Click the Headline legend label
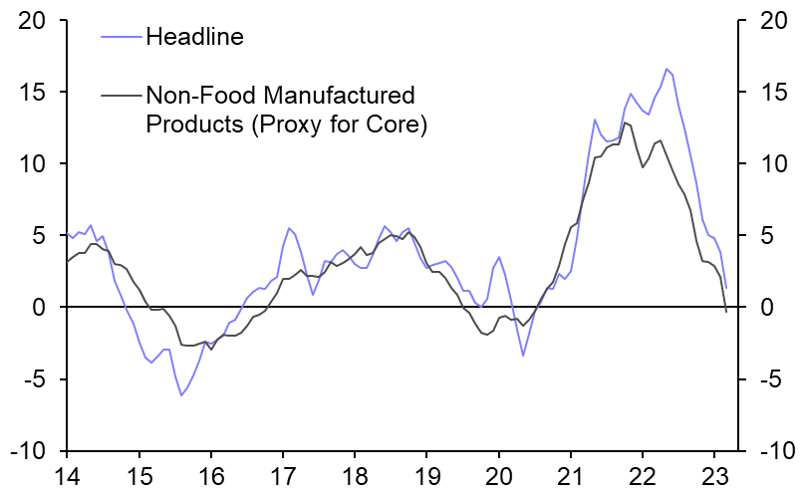194,37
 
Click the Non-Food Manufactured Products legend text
280,96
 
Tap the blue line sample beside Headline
121,38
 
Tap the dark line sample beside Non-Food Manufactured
121,96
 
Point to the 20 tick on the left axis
38,20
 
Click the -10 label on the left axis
34,451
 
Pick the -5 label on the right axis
767,379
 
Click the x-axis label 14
68,474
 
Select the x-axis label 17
283,474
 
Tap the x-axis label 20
498,474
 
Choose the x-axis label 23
713,474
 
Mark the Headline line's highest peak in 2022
667,69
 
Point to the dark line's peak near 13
625,123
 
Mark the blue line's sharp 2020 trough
523,356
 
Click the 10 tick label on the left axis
38,163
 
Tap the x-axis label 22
642,474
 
